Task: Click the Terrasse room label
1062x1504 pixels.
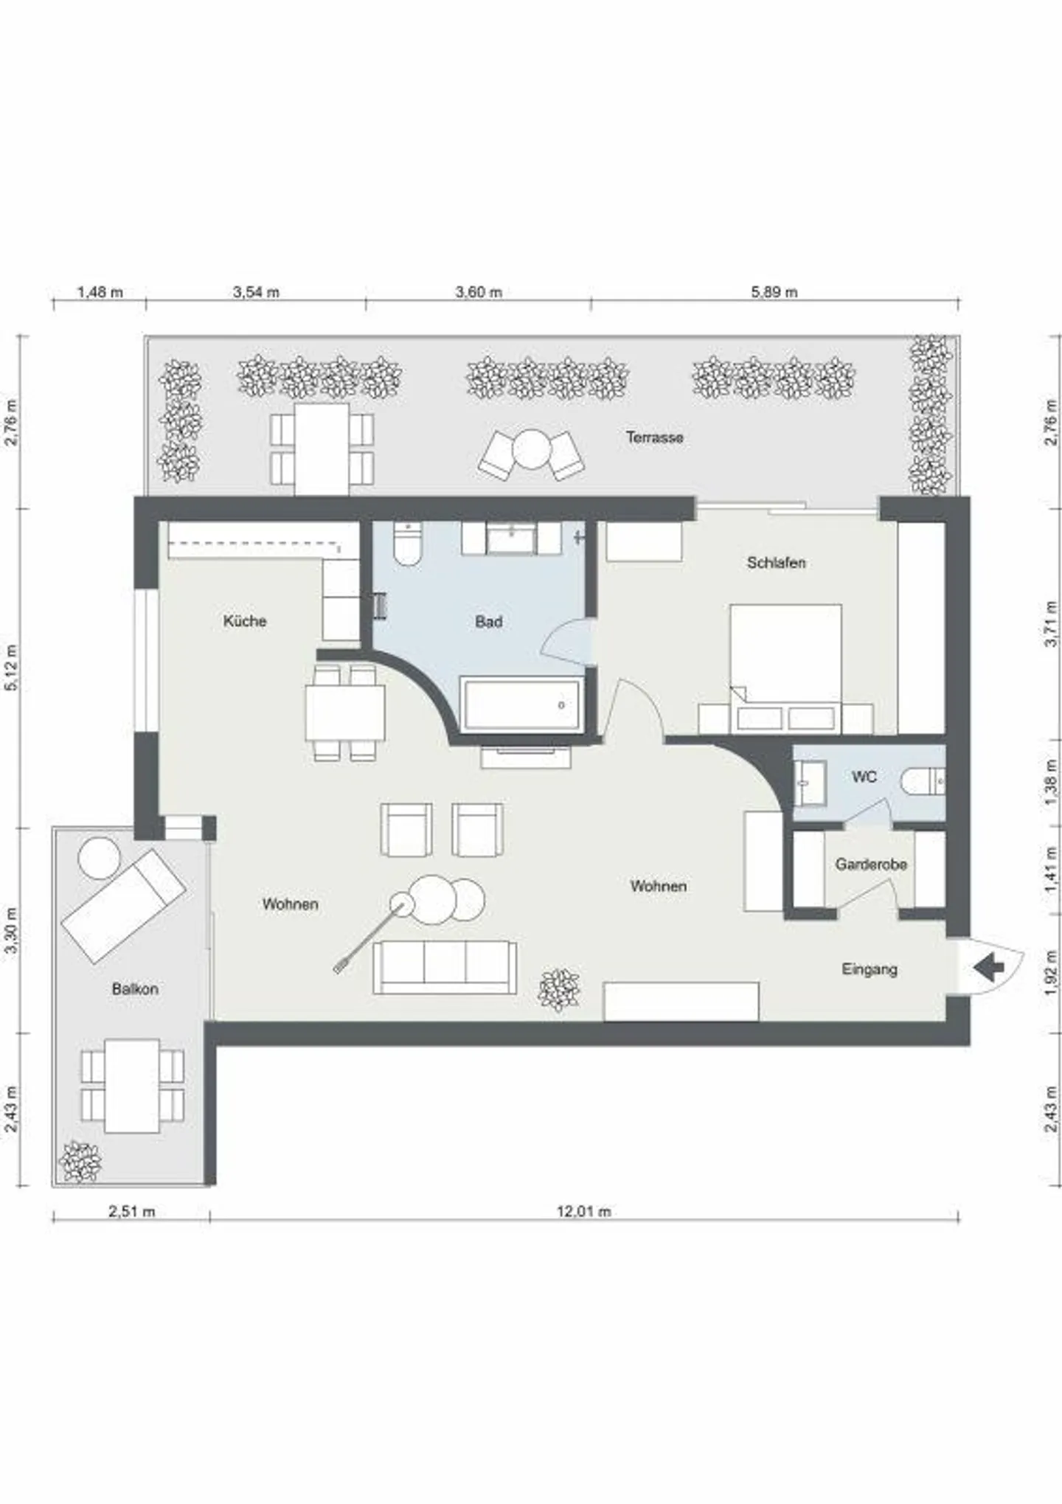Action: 654,437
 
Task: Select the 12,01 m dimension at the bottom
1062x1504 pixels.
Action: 583,1211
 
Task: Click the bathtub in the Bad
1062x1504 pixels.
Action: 521,705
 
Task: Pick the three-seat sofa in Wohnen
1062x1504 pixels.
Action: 445,967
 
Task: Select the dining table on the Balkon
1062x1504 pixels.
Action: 132,1086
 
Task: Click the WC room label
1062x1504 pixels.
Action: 864,777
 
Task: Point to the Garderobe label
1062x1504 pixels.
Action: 870,864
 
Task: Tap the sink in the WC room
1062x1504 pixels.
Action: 810,783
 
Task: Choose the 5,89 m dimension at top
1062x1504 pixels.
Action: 774,292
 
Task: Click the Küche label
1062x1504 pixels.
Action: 245,621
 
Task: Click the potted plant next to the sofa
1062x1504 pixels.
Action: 559,989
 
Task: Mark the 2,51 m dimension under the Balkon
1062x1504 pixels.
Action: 132,1211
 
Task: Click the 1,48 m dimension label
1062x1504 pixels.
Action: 100,292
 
